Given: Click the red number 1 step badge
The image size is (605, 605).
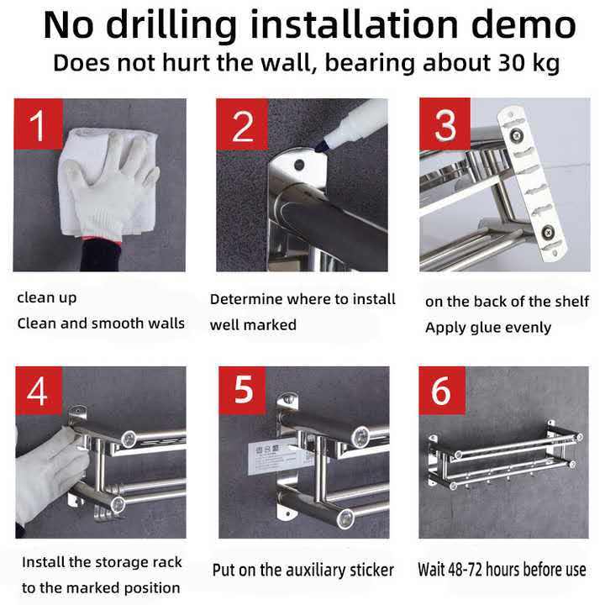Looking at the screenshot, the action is [38, 124].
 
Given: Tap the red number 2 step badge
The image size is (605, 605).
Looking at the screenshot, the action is [242, 124].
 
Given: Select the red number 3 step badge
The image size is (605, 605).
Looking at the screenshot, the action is [445, 124].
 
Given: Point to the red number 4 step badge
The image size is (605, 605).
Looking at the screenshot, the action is [39, 391].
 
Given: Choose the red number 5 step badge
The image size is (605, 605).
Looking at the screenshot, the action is [242, 391].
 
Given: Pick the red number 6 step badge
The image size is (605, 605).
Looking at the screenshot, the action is [442, 391].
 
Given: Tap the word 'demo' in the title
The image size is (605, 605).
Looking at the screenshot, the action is [523, 24].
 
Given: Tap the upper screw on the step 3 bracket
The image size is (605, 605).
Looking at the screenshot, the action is [515, 135].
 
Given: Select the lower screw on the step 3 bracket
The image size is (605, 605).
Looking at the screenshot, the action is [547, 232].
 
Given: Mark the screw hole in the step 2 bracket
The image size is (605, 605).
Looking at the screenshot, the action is [299, 166].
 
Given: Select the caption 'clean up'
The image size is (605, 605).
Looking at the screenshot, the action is [47, 298].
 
